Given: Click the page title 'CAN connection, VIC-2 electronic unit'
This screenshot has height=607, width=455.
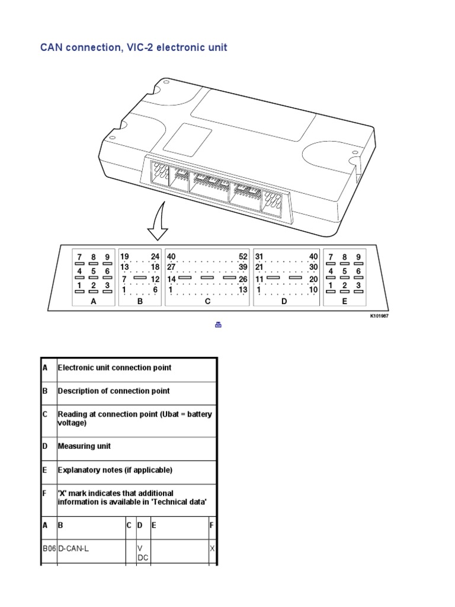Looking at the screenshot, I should click(x=133, y=47).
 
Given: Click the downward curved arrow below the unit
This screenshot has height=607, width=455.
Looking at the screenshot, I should click(x=156, y=223).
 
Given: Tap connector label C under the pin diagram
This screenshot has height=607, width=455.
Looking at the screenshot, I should click(x=207, y=301).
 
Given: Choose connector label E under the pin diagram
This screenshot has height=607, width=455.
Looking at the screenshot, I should click(x=344, y=301).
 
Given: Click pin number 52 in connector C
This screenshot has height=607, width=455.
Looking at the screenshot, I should click(x=243, y=257).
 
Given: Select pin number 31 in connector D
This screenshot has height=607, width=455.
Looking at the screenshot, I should click(x=259, y=257).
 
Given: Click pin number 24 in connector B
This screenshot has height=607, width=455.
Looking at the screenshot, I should click(x=156, y=257).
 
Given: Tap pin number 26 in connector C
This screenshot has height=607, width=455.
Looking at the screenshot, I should click(x=243, y=279).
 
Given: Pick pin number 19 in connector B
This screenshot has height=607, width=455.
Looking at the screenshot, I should click(x=124, y=257).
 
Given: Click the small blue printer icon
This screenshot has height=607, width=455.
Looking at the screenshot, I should click(x=218, y=324).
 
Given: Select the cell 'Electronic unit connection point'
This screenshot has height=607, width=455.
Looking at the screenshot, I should click(x=114, y=368).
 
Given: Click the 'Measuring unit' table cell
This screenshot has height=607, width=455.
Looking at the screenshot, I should click(x=84, y=446).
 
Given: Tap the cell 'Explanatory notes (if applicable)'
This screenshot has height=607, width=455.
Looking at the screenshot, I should click(x=115, y=470).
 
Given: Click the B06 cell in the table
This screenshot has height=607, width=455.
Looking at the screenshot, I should click(x=49, y=549).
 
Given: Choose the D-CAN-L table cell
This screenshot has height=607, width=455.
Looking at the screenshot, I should click(x=73, y=549).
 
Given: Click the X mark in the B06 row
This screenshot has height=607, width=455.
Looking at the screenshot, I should click(x=213, y=549).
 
